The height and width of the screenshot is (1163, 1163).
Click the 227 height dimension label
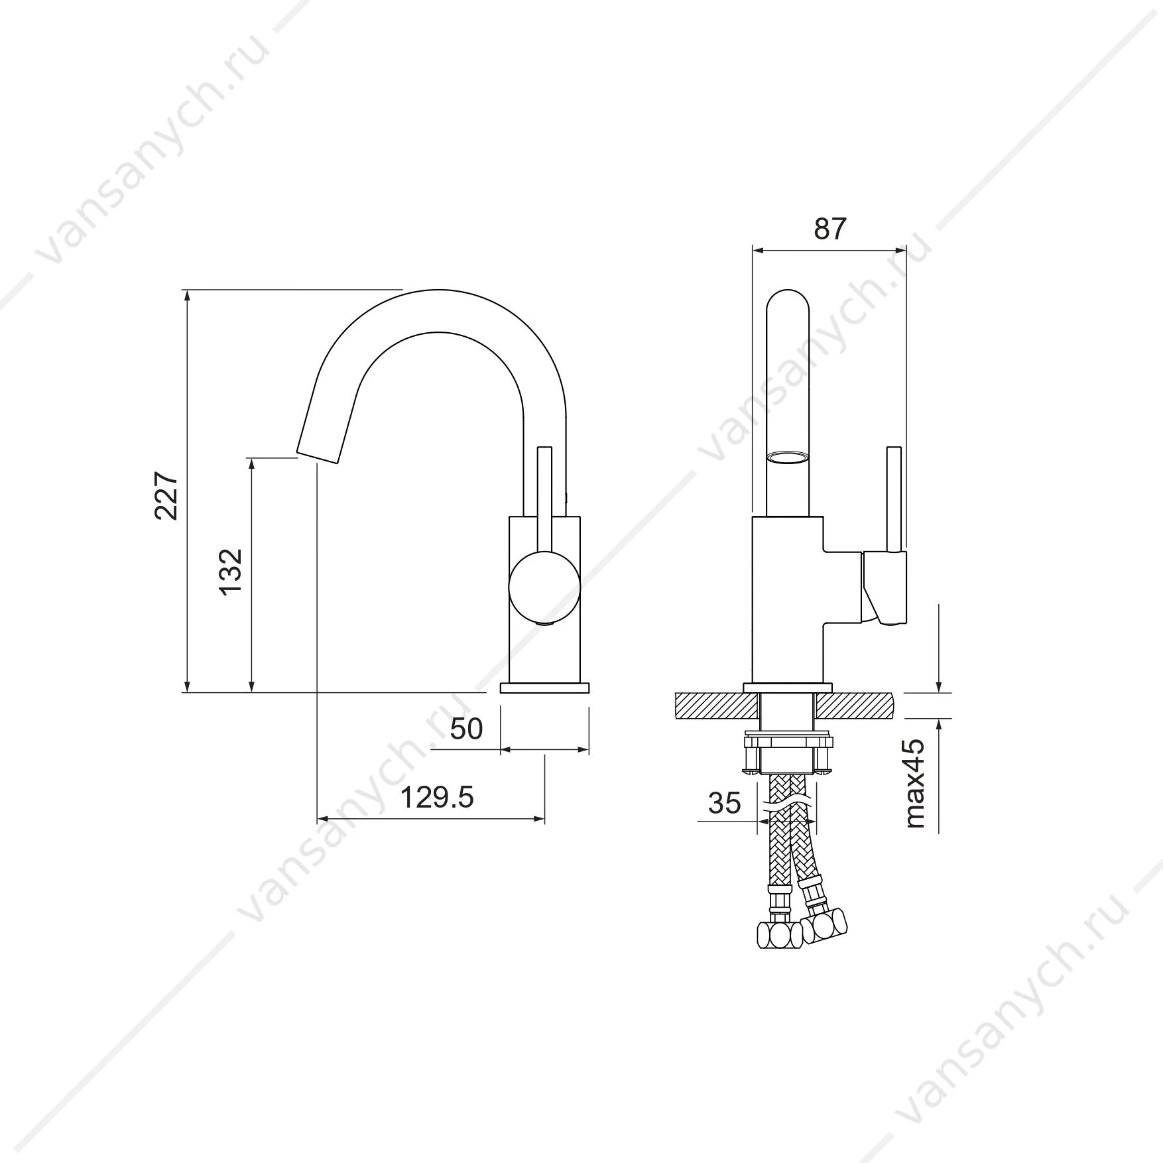166,495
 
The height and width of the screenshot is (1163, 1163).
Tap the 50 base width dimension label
466,729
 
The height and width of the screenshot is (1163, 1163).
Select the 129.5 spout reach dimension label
436,798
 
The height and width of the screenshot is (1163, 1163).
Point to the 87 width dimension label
830,229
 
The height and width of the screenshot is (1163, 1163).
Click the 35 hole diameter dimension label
724,803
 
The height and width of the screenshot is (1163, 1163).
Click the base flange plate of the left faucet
544,687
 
